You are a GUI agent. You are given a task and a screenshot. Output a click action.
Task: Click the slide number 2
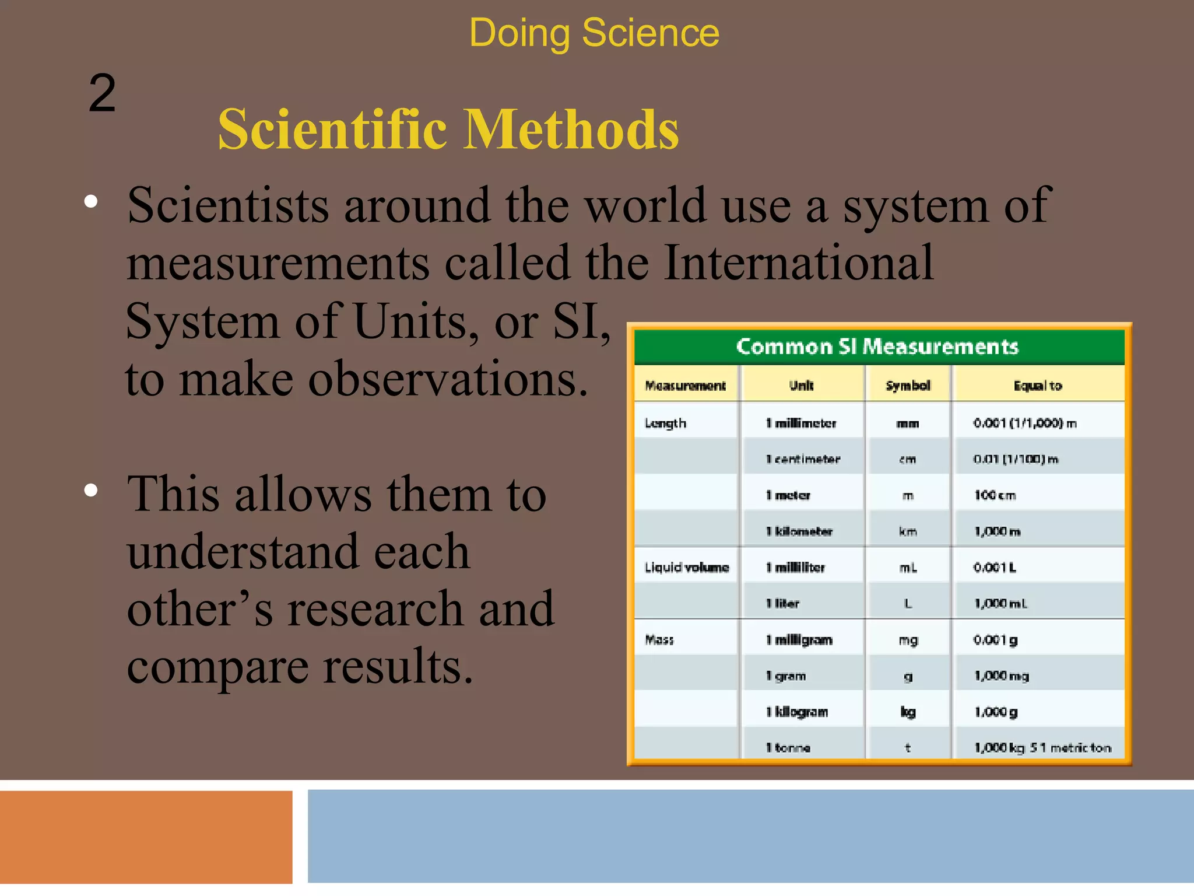pyautogui.click(x=102, y=94)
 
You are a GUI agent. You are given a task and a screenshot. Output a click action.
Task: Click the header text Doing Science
pyautogui.click(x=594, y=33)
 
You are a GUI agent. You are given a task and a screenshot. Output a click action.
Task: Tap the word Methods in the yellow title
pyautogui.click(x=571, y=129)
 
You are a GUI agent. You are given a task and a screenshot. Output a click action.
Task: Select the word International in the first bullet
pyautogui.click(x=798, y=263)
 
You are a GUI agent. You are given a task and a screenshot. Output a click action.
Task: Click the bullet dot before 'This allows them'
pyautogui.click(x=91, y=490)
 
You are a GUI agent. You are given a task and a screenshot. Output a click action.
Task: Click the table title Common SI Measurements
pyautogui.click(x=877, y=346)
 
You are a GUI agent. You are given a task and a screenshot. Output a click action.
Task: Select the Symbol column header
pyautogui.click(x=908, y=386)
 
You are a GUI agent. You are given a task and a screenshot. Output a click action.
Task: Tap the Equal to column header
pyautogui.click(x=1038, y=386)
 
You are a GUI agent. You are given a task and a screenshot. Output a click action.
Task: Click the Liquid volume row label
pyautogui.click(x=686, y=568)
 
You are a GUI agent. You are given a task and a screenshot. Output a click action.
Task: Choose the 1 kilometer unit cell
pyautogui.click(x=799, y=531)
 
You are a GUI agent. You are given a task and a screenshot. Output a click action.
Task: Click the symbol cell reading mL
pyautogui.click(x=908, y=568)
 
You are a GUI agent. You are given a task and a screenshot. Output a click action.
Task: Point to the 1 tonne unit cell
pyautogui.click(x=788, y=748)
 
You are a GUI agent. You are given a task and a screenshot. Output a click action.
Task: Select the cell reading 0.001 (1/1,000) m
pyautogui.click(x=1024, y=423)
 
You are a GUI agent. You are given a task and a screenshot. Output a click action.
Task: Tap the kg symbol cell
pyautogui.click(x=908, y=712)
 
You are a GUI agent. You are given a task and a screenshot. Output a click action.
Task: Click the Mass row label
pyautogui.click(x=659, y=640)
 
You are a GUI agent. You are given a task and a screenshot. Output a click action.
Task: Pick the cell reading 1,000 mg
pyautogui.click(x=1001, y=676)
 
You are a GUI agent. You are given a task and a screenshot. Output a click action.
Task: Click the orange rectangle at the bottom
pyautogui.click(x=146, y=836)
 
